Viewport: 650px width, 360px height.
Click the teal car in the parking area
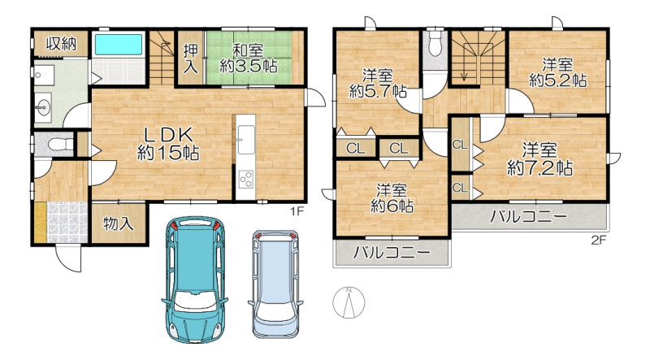195,279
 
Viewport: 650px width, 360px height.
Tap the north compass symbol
349,302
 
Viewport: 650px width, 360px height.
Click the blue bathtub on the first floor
119,45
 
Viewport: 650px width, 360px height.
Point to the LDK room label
168,144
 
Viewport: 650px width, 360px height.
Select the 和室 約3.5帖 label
249,59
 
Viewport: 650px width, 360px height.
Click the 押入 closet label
191,59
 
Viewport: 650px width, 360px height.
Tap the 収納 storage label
62,43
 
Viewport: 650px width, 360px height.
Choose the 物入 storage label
118,224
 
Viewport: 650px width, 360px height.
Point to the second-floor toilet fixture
435,46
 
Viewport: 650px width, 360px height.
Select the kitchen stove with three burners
246,179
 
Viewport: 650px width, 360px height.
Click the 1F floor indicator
297,211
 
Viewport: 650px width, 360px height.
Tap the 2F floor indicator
599,240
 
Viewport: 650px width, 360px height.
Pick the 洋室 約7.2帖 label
540,159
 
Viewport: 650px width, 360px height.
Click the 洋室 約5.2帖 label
558,72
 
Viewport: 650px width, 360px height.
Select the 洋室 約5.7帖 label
378,84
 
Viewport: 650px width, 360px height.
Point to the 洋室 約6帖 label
392,198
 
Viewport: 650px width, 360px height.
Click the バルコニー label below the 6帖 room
392,253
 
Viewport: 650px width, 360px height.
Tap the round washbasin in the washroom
42,107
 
